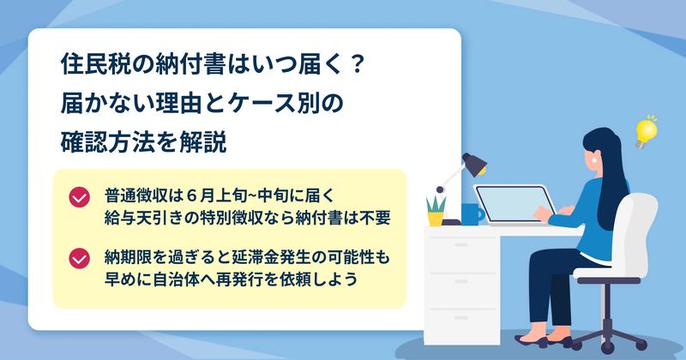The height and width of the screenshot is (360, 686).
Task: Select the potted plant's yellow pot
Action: (x=435, y=219)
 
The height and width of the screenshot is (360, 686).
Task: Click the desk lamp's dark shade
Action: (x=475, y=163)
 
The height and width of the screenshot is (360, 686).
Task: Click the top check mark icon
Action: (x=79, y=197)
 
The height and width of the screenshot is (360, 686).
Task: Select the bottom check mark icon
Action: (x=79, y=258)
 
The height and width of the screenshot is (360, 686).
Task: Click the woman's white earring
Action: (x=595, y=160)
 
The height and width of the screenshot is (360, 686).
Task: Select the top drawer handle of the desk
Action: (x=461, y=245)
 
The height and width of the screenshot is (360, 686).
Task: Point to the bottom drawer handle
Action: (x=461, y=318)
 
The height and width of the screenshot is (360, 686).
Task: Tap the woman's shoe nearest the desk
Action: (x=530, y=340)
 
